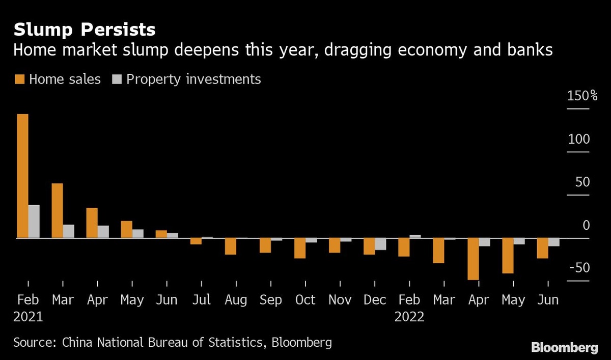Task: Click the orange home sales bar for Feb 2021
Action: click(22, 176)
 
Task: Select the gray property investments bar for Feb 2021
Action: click(34, 221)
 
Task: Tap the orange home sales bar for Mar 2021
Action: click(57, 210)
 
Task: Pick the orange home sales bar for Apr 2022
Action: click(473, 259)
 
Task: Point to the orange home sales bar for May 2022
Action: click(508, 256)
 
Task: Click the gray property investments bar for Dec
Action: click(380, 244)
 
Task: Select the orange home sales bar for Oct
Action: click(299, 248)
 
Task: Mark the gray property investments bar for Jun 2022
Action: click(554, 242)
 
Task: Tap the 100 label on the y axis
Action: click(578, 140)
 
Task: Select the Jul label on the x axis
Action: click(201, 300)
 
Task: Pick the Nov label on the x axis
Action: click(340, 300)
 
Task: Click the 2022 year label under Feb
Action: click(409, 317)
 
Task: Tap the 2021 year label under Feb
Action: click(28, 317)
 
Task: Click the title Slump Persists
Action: click(85, 30)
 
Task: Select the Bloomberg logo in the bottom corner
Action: click(564, 348)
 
